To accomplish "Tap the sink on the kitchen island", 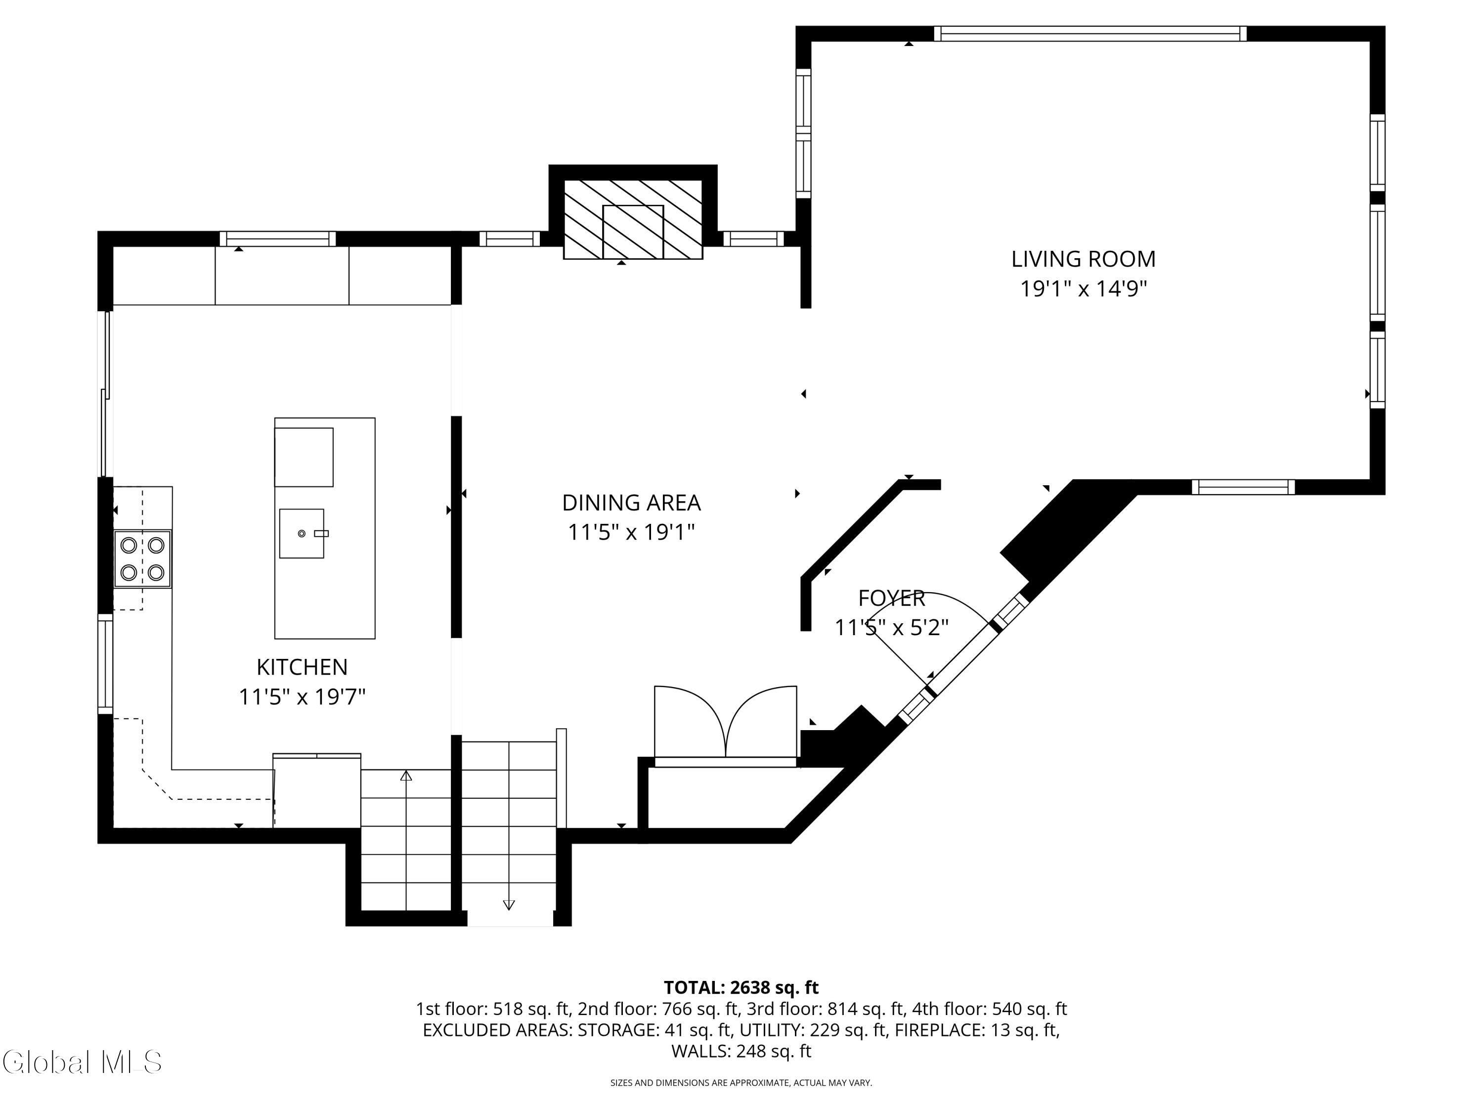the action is (302, 533).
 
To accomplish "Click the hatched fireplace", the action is (633, 219).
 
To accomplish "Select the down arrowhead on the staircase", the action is (508, 905).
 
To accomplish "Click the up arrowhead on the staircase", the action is (406, 776).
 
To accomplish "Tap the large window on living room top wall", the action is (1090, 34).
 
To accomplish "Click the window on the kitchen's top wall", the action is (277, 239).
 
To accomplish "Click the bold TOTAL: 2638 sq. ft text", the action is (741, 987).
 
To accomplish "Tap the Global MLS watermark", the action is (82, 1062).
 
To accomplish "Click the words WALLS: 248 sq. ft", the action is (741, 1051).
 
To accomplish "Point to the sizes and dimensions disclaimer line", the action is (741, 1083).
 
